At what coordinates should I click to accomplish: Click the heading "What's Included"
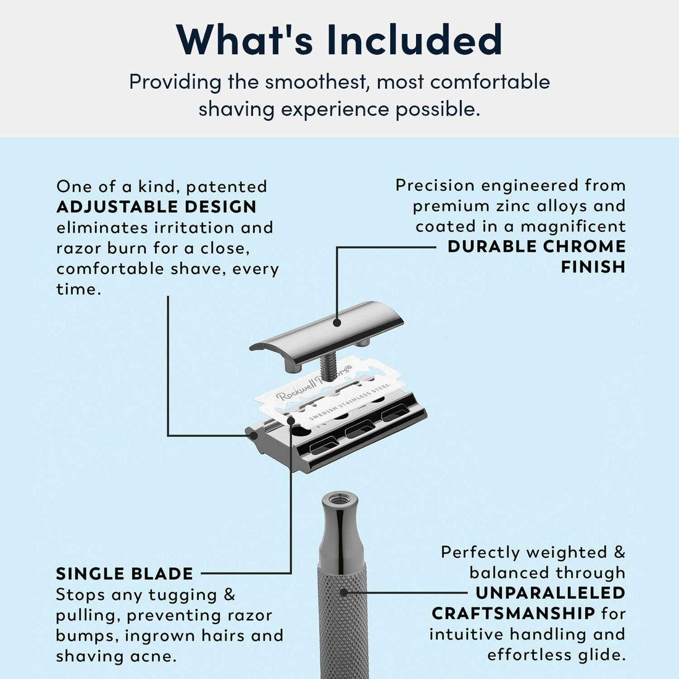pyautogui.click(x=339, y=39)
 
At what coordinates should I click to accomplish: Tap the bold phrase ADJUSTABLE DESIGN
pyautogui.click(x=156, y=207)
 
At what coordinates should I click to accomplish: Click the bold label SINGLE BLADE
pyautogui.click(x=125, y=573)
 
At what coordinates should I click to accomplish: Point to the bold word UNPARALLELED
pyautogui.click(x=551, y=593)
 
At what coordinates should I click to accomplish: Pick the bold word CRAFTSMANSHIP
pyautogui.click(x=513, y=614)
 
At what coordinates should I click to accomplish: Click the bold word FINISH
pyautogui.click(x=593, y=267)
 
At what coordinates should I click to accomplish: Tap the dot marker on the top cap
pyautogui.click(x=337, y=322)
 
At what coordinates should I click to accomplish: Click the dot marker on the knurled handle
pyautogui.click(x=344, y=593)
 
